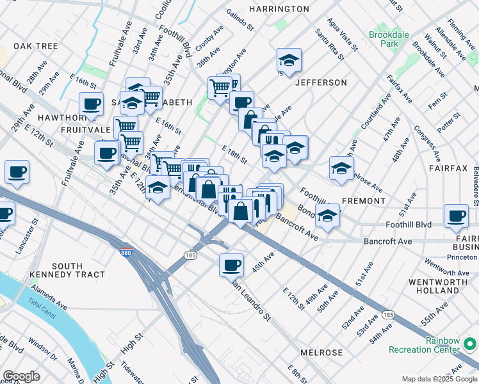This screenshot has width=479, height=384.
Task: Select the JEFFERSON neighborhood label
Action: click(321, 83)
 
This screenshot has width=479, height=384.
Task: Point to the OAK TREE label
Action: click(36, 46)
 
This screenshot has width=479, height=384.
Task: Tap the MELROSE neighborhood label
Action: click(321, 353)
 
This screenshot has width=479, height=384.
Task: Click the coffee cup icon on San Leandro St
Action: click(231, 264)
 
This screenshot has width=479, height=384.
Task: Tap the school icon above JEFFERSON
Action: click(289, 61)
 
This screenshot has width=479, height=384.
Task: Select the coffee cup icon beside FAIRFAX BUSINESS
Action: click(456, 216)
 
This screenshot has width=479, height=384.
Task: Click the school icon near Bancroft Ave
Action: click(327, 216)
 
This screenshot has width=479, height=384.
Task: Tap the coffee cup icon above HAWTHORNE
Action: click(91, 104)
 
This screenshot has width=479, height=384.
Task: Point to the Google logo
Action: click(21, 376)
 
